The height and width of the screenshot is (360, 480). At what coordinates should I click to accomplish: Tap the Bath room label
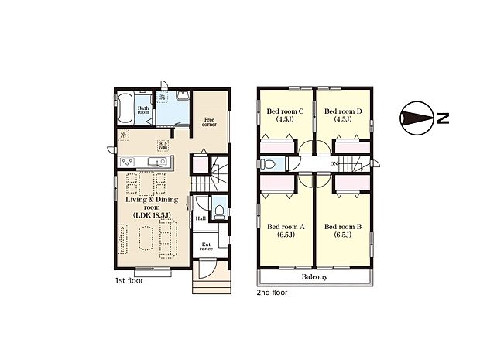(144, 111)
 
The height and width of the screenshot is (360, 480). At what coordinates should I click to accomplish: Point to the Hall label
(201, 218)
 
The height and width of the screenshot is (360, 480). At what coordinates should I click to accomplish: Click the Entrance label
(207, 248)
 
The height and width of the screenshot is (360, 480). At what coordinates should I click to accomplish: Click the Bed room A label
(286, 231)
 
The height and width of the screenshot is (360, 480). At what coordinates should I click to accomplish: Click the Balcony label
(314, 276)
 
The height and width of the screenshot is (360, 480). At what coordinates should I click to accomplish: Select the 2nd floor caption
(272, 293)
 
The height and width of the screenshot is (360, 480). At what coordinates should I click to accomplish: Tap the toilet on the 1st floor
(219, 211)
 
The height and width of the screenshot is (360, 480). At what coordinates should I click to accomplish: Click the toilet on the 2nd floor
(266, 164)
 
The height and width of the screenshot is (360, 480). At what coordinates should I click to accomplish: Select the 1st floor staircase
(206, 184)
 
